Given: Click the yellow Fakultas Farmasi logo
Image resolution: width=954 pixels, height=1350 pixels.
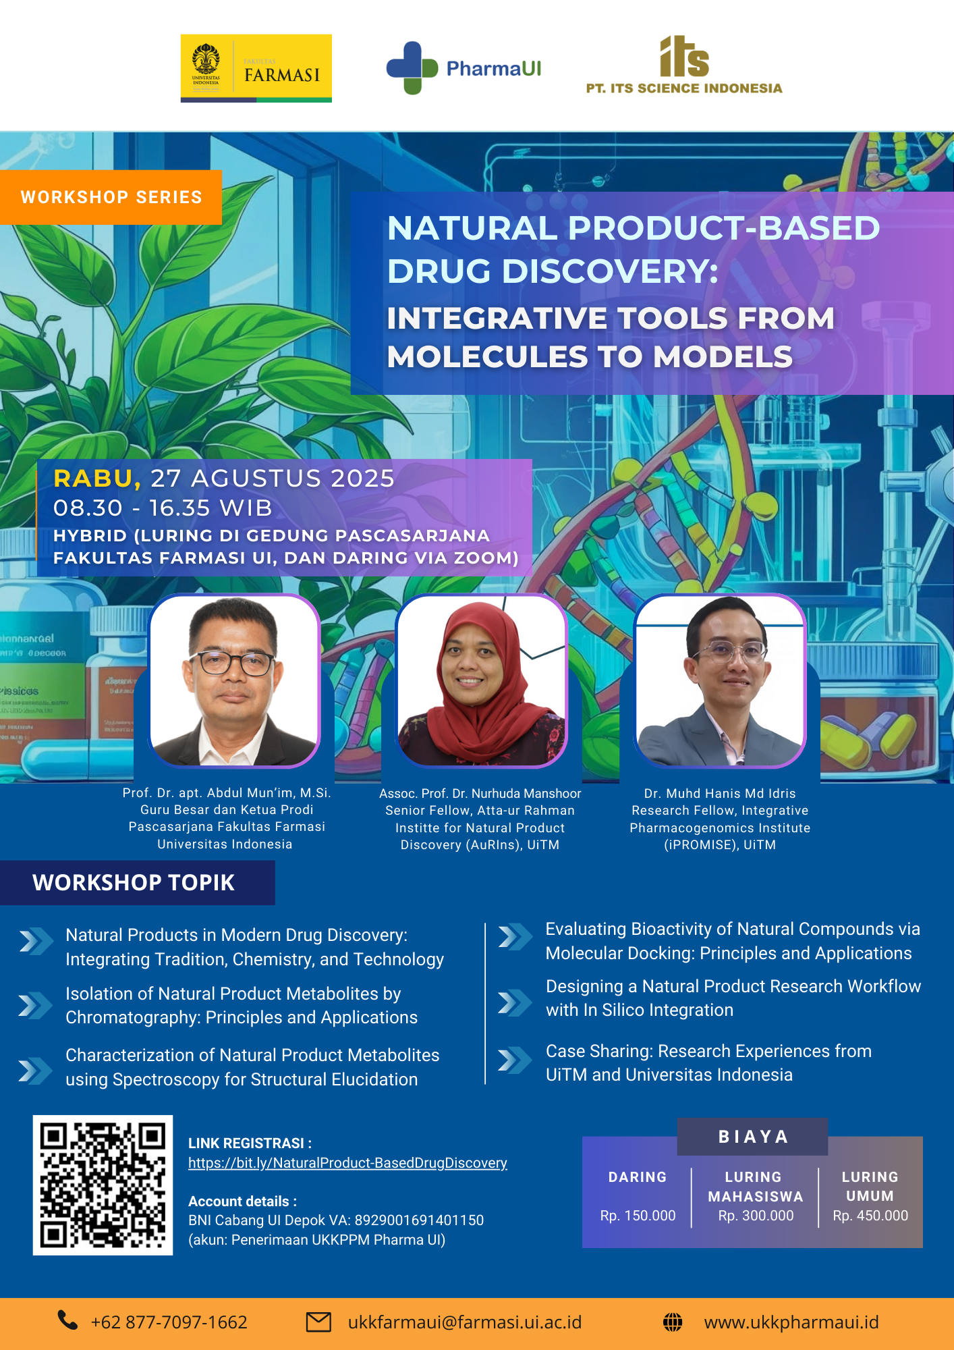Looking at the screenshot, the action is (x=256, y=68).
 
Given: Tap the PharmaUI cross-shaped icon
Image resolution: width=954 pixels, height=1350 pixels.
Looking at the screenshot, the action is (x=412, y=68).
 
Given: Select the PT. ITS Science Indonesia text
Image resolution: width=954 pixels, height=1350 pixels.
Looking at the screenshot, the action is (x=684, y=88).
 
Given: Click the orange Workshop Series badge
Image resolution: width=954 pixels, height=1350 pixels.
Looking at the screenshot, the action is (x=111, y=197).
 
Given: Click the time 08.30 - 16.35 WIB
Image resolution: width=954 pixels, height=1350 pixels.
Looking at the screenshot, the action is (x=163, y=508).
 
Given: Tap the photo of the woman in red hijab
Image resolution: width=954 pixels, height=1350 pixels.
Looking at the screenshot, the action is (x=481, y=680).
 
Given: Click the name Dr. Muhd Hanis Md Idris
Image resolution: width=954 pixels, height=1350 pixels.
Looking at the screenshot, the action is (x=720, y=793).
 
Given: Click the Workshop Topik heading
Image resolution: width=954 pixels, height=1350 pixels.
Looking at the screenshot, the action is (x=134, y=882).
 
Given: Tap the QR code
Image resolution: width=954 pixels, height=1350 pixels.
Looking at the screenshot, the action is (x=103, y=1185).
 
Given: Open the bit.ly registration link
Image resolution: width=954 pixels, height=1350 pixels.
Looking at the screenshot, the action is (x=347, y=1163).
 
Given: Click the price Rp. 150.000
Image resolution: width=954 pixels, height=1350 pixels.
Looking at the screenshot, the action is (x=638, y=1216).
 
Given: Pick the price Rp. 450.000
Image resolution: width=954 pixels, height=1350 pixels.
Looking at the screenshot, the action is (x=870, y=1216).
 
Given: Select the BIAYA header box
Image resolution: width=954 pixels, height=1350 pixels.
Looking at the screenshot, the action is (x=753, y=1137).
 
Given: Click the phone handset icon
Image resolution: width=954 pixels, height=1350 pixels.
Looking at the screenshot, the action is (x=67, y=1320).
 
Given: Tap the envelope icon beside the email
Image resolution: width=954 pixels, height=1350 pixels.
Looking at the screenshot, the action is (x=318, y=1322).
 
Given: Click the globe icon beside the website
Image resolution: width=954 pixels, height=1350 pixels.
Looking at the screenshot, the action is (x=673, y=1322).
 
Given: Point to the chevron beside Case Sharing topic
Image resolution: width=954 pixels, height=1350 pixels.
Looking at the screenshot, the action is (x=515, y=1060).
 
